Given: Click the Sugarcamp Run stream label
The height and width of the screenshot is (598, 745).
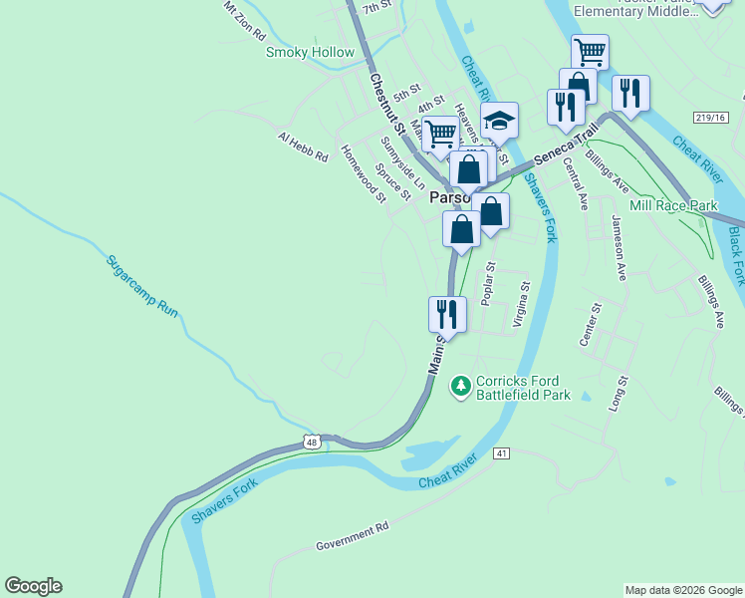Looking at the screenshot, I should (x=142, y=285).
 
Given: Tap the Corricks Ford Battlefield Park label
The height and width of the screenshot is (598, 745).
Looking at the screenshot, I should (x=523, y=388).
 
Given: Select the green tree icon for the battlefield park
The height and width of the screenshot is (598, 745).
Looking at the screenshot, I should (x=460, y=384).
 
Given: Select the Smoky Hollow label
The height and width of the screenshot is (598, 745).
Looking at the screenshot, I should (x=310, y=52).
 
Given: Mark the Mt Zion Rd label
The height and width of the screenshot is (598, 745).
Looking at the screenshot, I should (x=245, y=19).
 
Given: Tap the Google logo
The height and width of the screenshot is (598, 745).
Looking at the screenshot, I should (x=33, y=586).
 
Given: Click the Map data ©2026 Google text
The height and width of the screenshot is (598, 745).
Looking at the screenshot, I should (x=684, y=590).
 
